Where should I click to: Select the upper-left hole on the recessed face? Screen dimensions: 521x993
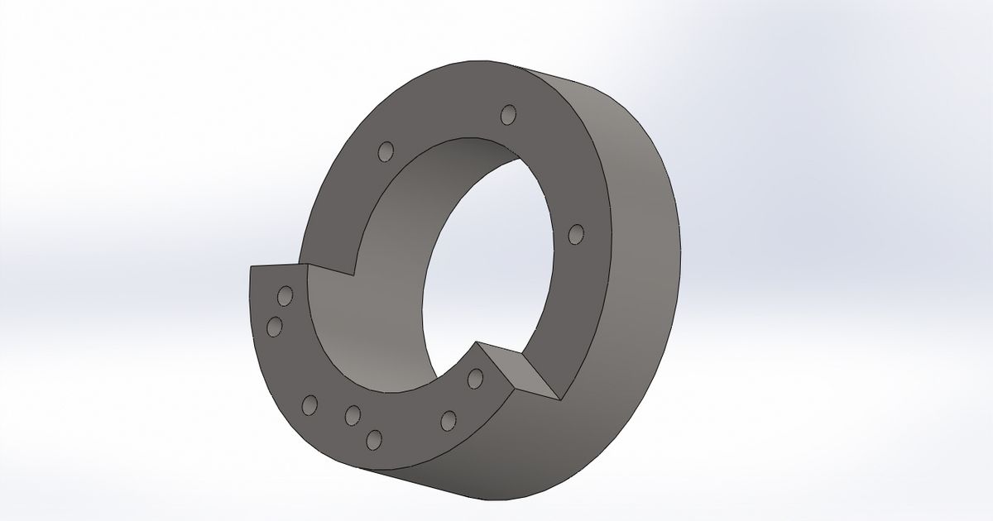tap(385, 151)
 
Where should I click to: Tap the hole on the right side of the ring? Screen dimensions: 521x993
tap(577, 234)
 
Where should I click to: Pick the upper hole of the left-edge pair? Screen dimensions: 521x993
tap(285, 296)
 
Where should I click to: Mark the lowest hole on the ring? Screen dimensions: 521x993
tap(374, 439)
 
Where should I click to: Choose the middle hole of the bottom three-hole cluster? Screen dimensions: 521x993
tap(353, 413)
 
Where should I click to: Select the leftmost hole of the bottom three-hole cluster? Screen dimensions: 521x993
tap(310, 404)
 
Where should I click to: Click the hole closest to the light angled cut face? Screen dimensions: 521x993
tap(475, 379)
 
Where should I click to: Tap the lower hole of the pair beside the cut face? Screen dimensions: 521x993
tap(449, 420)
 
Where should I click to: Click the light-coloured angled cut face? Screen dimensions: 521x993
tap(526, 372)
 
